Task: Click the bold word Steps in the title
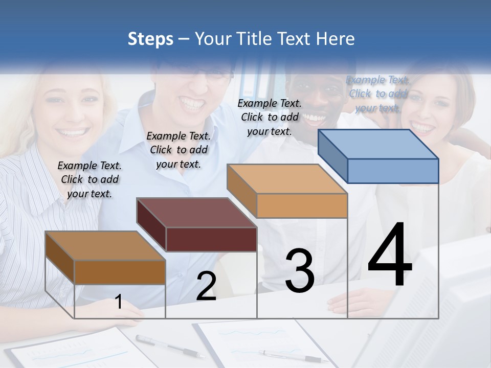point(150,39)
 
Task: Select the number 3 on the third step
point(300,271)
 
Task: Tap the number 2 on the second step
point(206,286)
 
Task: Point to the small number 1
point(118,302)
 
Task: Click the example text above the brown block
point(90,179)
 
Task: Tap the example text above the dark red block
point(178,150)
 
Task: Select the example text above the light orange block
point(270,117)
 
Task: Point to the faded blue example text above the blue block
point(377,94)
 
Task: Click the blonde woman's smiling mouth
point(73,134)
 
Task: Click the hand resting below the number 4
point(348,306)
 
